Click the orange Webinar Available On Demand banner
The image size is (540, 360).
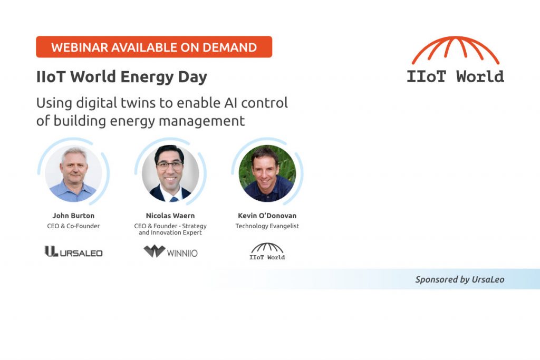point(153,47)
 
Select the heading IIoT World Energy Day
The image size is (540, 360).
point(122,77)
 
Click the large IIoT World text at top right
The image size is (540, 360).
point(455,76)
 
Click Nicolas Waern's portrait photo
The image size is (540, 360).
point(170,174)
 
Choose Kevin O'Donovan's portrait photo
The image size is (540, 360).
point(267,174)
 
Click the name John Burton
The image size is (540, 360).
point(73,216)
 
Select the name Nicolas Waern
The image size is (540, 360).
point(170,216)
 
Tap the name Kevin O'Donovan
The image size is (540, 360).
point(267,216)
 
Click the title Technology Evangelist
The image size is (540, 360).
point(267,226)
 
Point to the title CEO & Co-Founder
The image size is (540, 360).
point(73,226)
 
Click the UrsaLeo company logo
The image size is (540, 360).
point(73,252)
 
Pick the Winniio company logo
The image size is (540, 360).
point(170,251)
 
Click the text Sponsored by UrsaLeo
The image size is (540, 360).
point(459,279)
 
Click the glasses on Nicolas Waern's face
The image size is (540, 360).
point(170,165)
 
